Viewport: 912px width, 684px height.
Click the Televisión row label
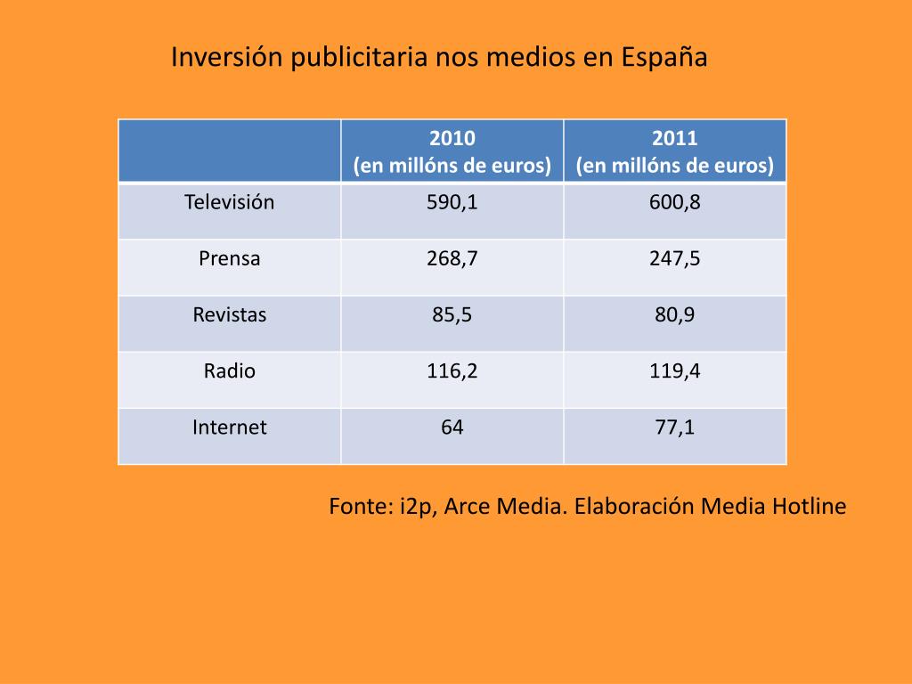230,202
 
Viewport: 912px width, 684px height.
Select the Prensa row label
230,258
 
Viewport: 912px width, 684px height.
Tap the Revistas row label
230,314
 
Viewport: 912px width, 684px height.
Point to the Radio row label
230,370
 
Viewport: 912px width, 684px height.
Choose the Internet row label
230,427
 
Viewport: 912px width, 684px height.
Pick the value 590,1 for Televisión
452,202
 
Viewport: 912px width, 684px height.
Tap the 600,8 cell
675,202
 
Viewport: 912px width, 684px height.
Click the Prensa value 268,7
452,258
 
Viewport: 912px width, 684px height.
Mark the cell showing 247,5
675,258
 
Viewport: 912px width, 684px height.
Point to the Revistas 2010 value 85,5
452,314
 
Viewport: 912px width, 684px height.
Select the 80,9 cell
675,314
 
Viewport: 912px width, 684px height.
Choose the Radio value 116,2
452,370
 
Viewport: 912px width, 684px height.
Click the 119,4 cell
675,370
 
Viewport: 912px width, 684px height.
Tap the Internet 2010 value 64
452,427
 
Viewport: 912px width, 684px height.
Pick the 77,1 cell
675,427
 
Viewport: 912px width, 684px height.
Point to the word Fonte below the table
359,507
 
